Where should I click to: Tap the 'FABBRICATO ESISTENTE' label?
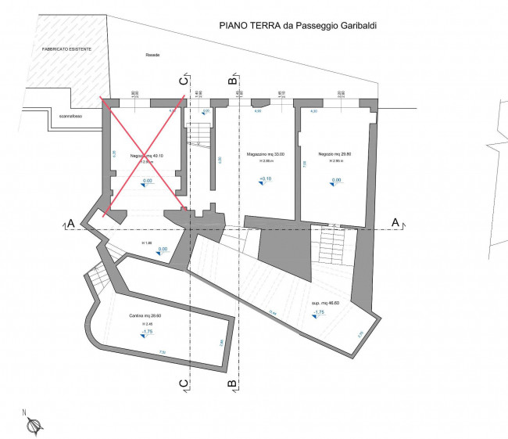pyautogui.click(x=66, y=49)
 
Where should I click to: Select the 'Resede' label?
pyautogui.click(x=152, y=55)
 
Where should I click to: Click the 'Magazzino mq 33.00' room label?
pyautogui.click(x=265, y=154)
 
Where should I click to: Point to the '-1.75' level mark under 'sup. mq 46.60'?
pyautogui.click(x=318, y=312)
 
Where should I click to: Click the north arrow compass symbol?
pyautogui.click(x=33, y=425)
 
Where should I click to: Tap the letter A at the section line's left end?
pyautogui.click(x=70, y=224)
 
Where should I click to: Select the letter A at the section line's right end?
pyautogui.click(x=395, y=222)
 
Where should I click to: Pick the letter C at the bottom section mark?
pyautogui.click(x=183, y=383)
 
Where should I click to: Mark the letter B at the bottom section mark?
pyautogui.click(x=231, y=383)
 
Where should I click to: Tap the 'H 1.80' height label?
pyautogui.click(x=146, y=243)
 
